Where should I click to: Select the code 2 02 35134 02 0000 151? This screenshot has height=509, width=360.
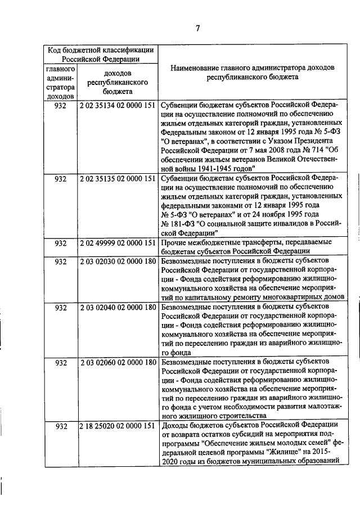[x=118, y=105]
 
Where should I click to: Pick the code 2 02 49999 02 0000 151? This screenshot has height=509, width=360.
[x=118, y=243]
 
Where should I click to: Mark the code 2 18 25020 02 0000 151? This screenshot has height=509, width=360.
[x=118, y=426]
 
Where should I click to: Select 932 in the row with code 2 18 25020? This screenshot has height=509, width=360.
[x=61, y=426]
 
